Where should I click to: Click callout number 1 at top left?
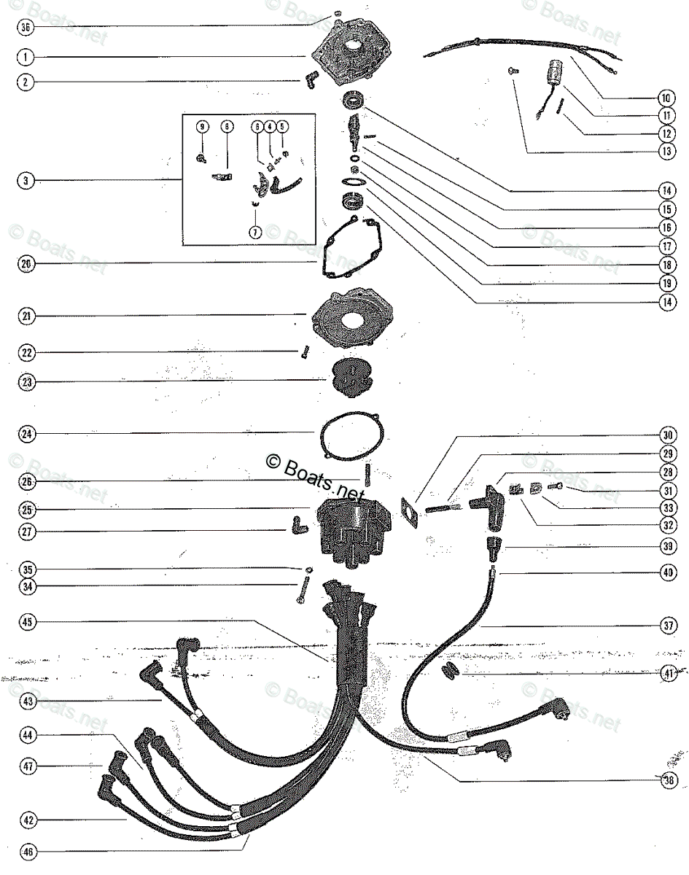click(x=26, y=56)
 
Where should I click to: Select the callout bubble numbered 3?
click(x=26, y=180)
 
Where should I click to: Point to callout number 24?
click(x=26, y=434)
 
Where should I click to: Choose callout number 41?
click(x=668, y=674)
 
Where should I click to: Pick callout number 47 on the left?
click(x=26, y=766)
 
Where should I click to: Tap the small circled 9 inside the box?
click(x=202, y=126)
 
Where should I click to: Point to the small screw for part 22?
click(x=300, y=354)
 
